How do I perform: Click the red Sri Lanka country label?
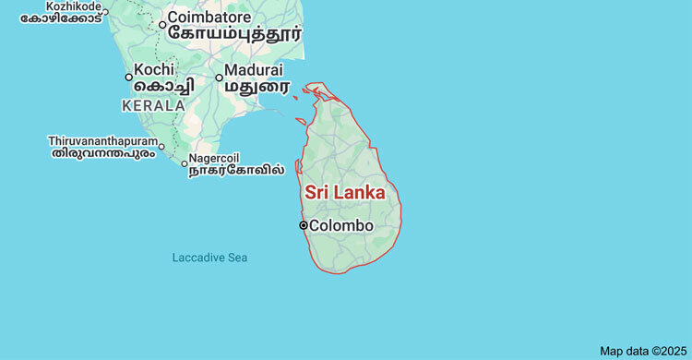pos(345,193)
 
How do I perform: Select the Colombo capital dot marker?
pos(303,225)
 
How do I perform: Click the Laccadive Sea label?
pos(209,258)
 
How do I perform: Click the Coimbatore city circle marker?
pos(162,25)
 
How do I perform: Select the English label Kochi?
pos(154,69)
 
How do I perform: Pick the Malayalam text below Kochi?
pos(161,86)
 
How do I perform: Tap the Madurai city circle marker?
pos(219,78)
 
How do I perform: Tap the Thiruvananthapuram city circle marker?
pos(161,146)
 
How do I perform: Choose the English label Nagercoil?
pos(214,157)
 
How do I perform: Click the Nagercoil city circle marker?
pos(184,164)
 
